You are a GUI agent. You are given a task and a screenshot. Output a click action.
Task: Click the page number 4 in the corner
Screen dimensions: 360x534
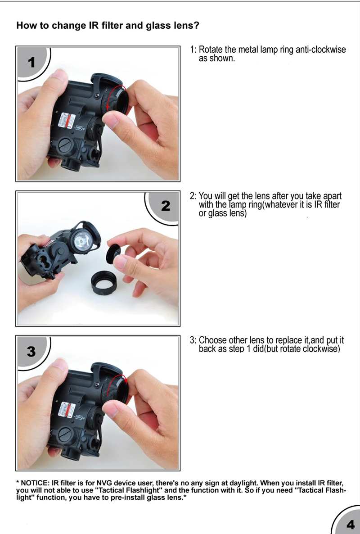point(350,525)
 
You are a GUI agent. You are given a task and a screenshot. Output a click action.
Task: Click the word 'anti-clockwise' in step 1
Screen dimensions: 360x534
point(320,50)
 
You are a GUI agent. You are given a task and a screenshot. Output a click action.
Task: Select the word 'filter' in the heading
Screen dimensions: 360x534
point(112,26)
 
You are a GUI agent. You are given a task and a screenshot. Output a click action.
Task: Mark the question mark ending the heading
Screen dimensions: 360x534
point(196,26)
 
